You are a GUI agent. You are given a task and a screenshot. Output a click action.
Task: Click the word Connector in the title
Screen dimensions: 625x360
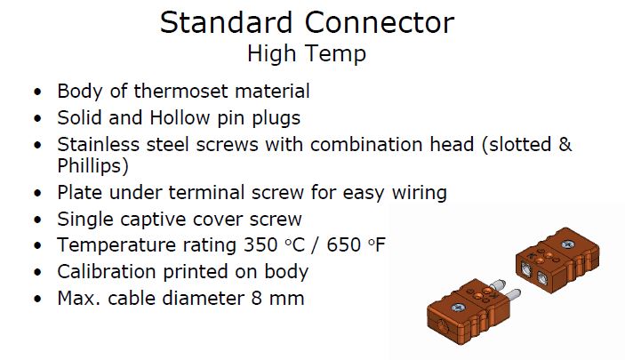379,22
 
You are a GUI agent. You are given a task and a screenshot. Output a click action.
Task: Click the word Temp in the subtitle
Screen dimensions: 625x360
336,54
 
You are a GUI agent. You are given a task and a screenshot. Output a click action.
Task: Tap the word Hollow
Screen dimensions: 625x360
180,117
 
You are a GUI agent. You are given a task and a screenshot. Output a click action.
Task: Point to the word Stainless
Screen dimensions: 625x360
98,144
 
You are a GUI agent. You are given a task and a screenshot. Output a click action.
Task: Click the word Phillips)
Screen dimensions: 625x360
92,166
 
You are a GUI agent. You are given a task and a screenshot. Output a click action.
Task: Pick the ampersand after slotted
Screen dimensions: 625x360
565,144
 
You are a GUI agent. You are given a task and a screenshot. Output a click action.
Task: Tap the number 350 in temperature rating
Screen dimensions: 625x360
260,244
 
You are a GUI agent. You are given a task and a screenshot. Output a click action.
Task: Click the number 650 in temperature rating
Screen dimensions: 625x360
343,244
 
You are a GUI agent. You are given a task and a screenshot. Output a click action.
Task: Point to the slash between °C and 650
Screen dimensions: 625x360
316,244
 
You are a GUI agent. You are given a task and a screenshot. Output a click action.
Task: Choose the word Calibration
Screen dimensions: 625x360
107,271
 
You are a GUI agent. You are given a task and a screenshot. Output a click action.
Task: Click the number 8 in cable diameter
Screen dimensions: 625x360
256,298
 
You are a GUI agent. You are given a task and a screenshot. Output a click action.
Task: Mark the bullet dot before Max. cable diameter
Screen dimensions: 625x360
37,299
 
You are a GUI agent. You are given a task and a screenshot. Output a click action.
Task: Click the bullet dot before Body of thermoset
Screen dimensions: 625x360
37,92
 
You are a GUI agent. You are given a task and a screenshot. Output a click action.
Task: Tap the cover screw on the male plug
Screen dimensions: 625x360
458,308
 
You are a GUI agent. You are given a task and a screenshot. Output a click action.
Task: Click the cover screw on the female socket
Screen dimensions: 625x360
568,244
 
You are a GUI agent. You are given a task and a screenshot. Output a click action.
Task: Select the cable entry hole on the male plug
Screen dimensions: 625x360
442,326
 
